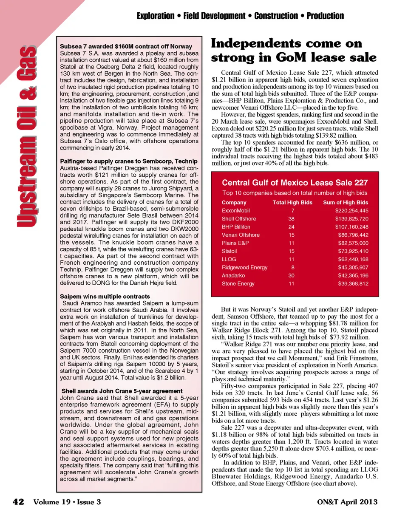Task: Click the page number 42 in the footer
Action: [18, 502]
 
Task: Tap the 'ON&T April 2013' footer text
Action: [347, 502]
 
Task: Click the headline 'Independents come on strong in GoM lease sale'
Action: [293, 50]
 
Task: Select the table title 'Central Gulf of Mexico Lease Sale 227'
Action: [295, 183]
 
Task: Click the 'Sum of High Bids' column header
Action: [346, 203]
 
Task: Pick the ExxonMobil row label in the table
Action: [235, 211]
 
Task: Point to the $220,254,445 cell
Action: [351, 211]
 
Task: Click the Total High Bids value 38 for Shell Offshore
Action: [291, 219]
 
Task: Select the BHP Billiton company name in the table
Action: [236, 227]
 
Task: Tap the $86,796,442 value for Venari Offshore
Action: [353, 235]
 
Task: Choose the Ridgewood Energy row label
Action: [244, 267]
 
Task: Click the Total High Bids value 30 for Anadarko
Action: [291, 275]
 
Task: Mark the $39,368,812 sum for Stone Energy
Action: [353, 283]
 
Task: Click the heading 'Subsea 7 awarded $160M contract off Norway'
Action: [126, 46]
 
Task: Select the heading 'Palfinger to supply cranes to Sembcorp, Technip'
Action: [128, 161]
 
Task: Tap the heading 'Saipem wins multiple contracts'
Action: [105, 296]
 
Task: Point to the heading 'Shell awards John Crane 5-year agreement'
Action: [122, 391]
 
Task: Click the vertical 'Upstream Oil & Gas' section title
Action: [26, 136]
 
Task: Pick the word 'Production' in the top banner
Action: [325, 16]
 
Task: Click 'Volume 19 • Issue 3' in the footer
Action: [67, 502]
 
